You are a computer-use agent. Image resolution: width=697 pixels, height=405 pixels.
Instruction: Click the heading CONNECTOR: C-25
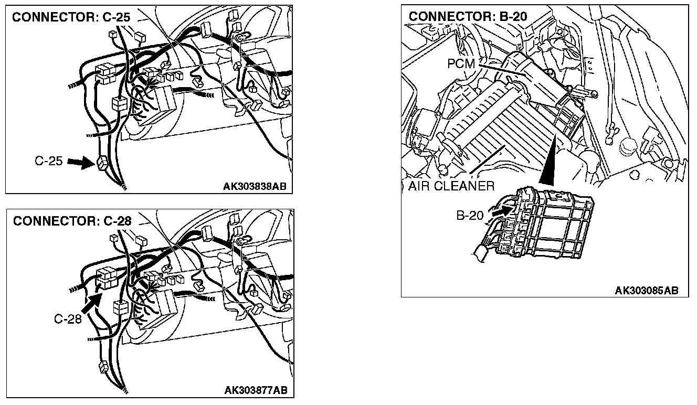pos(71,17)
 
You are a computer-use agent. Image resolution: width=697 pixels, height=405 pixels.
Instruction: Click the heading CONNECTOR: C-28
pos(72,221)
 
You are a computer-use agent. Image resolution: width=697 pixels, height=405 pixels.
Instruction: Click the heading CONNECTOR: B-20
pos(468,16)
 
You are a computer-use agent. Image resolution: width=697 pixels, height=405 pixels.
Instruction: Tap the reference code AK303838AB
pos(255,186)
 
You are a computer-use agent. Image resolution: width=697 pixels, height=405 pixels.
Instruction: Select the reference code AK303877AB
pos(256,390)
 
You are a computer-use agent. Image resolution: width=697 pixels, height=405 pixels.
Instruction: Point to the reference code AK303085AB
pos(646,290)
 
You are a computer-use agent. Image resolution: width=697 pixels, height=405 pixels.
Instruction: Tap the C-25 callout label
pos(49,162)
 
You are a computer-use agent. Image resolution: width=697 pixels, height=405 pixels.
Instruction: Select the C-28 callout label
pos(68,318)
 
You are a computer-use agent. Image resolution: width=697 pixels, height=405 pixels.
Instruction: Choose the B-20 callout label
pos(469,216)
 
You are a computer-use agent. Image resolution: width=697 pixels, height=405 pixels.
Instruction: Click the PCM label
pos(461,64)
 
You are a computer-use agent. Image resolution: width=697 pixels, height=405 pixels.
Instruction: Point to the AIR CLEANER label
pos(451,186)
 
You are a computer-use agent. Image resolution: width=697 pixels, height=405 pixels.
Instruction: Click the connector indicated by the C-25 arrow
pos(102,164)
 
